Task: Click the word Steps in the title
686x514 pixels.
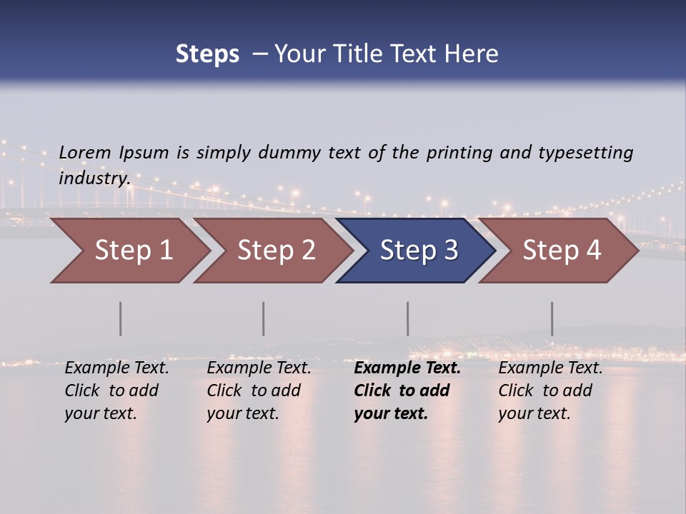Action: coord(207,54)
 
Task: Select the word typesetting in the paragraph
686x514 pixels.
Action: coord(585,153)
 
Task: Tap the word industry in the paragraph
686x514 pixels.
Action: coord(94,178)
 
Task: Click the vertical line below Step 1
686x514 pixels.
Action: coord(121,318)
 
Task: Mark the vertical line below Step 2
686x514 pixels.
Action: coord(264,318)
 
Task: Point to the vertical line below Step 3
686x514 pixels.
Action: coord(408,318)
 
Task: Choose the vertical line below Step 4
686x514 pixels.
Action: coord(552,318)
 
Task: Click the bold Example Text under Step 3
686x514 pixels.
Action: coord(407,368)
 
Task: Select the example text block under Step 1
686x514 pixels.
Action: coord(116,390)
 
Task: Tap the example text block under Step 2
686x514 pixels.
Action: coord(259,390)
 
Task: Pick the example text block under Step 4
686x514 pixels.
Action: coord(550,390)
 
